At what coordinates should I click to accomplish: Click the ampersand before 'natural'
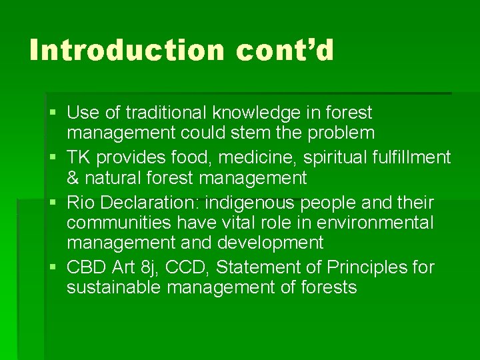coord(73,178)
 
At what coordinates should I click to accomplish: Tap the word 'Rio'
coord(80,202)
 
